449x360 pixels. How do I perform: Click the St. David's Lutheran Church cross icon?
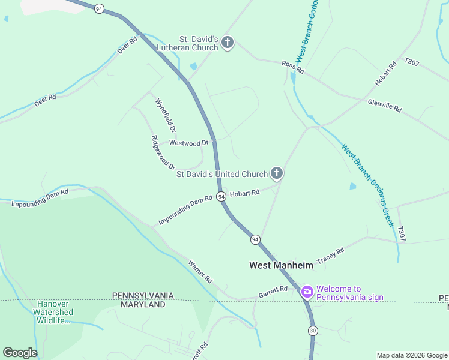(227, 43)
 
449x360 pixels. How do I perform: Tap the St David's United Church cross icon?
(277, 174)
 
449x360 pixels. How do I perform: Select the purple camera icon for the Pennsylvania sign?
(307, 292)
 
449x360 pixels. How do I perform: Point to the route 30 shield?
(313, 331)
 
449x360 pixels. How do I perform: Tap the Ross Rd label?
(294, 67)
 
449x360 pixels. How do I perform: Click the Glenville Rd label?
(384, 105)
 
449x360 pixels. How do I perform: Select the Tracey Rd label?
(330, 254)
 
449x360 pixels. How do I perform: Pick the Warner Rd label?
(200, 271)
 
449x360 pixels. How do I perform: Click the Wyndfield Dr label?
(166, 115)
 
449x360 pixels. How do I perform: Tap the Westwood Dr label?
(188, 143)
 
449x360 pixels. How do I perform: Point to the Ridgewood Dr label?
(163, 152)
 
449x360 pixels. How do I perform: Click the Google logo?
(20, 353)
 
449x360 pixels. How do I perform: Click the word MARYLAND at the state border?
(143, 305)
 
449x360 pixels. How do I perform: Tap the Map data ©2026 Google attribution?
(412, 355)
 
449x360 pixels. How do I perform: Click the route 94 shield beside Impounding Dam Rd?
(221, 197)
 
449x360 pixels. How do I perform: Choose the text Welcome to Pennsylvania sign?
(349, 293)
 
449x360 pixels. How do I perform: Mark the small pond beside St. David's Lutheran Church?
(193, 67)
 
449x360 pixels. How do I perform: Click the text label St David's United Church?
(221, 174)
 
